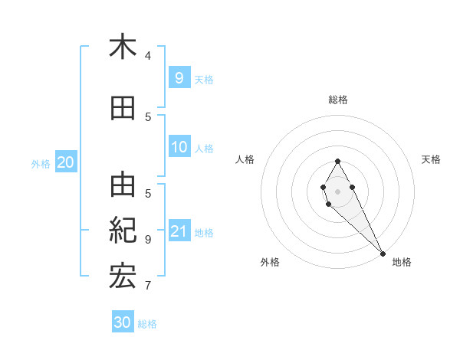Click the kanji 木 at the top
click(x=123, y=47)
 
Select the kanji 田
click(x=123, y=109)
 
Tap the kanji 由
click(x=123, y=185)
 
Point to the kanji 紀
click(x=123, y=230)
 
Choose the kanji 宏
click(x=123, y=276)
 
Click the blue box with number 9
click(x=179, y=77)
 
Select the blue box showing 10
click(x=179, y=147)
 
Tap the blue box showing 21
click(x=179, y=231)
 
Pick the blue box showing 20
click(x=66, y=162)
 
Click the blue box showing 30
click(x=123, y=322)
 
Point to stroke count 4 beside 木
click(x=148, y=56)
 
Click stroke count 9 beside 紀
click(x=148, y=239)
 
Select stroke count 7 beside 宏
click(x=148, y=286)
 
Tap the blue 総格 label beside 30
click(x=148, y=324)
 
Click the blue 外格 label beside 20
click(x=41, y=163)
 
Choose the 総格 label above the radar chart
click(x=338, y=100)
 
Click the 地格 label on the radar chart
click(x=402, y=262)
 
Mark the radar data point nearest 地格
click(x=383, y=254)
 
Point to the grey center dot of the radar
click(x=337, y=191)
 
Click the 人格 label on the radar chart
click(x=245, y=159)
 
